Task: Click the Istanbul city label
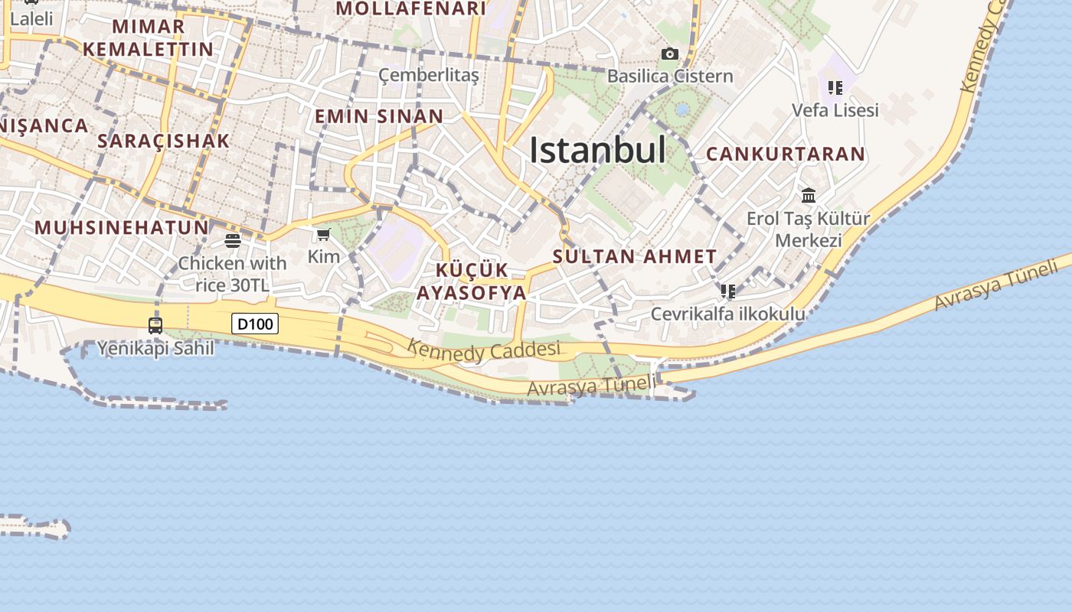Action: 597,150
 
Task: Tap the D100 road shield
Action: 255,324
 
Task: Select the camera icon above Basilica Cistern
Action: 670,54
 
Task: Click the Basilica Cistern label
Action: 670,76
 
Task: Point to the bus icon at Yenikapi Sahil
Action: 155,325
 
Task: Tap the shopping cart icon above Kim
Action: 323,234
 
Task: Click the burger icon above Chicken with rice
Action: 233,241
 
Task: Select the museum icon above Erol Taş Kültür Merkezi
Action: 809,195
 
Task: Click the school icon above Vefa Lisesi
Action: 835,88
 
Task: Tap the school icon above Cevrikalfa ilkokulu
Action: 727,291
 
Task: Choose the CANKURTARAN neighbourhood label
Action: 786,154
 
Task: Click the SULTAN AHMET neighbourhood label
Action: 635,256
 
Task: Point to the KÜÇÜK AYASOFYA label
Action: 472,282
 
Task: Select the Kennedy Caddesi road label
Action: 484,350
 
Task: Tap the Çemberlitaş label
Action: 429,75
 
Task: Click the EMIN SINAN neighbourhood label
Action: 379,116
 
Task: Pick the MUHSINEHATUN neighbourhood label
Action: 122,227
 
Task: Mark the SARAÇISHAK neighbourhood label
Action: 164,141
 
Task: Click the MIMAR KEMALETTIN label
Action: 149,37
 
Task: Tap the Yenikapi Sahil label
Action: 155,348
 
